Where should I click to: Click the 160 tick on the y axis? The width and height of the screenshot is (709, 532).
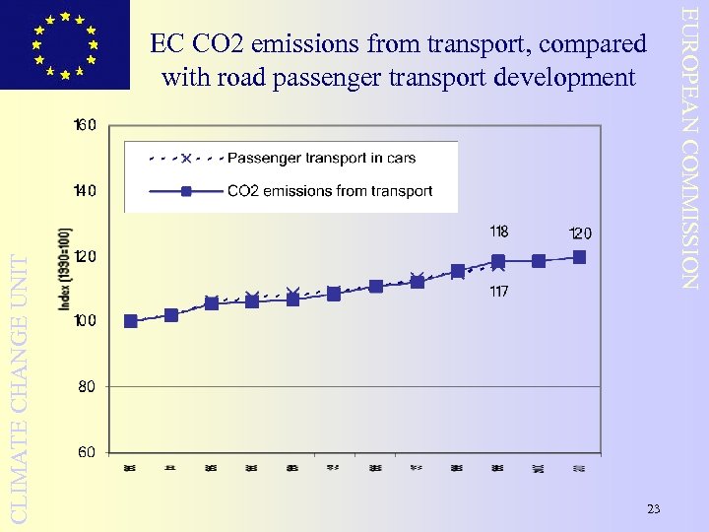point(85,125)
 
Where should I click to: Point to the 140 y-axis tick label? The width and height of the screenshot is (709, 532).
point(85,190)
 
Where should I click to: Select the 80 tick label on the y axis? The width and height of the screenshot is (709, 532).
point(87,387)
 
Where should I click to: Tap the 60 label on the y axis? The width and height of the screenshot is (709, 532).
point(87,452)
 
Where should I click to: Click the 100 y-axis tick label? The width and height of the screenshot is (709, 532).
point(85,321)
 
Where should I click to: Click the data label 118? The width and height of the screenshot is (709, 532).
point(498,233)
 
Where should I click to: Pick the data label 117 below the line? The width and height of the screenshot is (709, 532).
point(498,292)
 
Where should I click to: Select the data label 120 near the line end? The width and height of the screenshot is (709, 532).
point(580,233)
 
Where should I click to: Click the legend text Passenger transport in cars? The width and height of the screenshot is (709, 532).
point(321,158)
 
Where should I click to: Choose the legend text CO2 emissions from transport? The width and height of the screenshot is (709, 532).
point(330,191)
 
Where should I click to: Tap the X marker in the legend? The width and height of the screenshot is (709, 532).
point(185,158)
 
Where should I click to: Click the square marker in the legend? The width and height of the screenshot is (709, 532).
point(185,191)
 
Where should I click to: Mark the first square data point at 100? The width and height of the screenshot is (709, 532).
point(131,321)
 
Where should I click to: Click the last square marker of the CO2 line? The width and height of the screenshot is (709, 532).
point(579,257)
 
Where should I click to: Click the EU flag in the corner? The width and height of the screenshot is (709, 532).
point(65,44)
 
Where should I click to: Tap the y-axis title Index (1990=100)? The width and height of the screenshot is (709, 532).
point(65,268)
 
